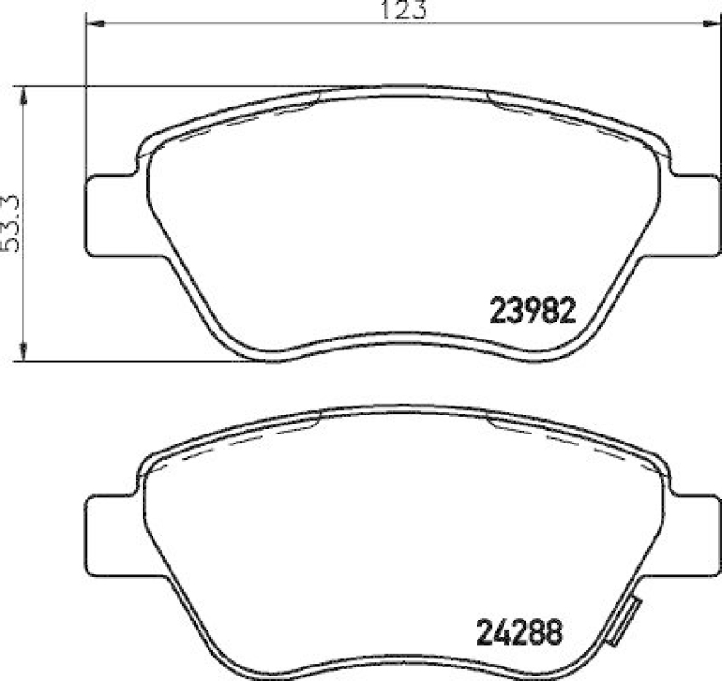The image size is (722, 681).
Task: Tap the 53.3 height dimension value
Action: coord(10,223)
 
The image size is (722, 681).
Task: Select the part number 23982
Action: coord(532,312)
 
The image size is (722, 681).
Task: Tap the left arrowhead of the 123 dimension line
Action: coord(90,23)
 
